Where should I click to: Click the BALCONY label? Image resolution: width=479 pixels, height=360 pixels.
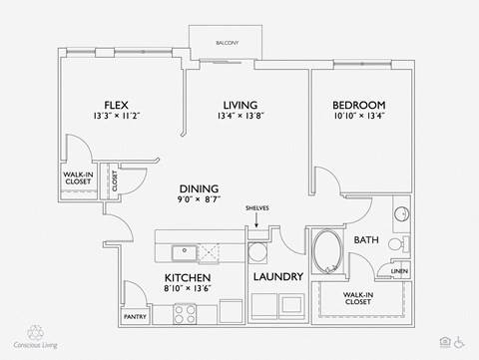click(x=226, y=42)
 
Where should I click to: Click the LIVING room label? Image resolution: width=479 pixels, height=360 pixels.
click(x=240, y=105)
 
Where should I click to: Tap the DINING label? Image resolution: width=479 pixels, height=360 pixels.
click(x=199, y=188)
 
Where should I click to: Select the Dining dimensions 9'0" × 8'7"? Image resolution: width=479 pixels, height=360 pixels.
click(x=199, y=201)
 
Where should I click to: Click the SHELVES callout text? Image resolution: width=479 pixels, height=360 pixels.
click(x=256, y=207)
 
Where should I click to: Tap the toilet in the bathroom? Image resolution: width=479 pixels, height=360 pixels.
click(x=395, y=244)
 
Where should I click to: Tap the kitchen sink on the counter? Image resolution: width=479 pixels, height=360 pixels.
click(x=182, y=251)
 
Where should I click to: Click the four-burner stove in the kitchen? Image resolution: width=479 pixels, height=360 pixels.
click(x=186, y=313)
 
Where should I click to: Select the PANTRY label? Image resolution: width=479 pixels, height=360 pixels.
click(x=136, y=317)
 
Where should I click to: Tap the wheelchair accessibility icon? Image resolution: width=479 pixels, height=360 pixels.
click(x=460, y=340)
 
